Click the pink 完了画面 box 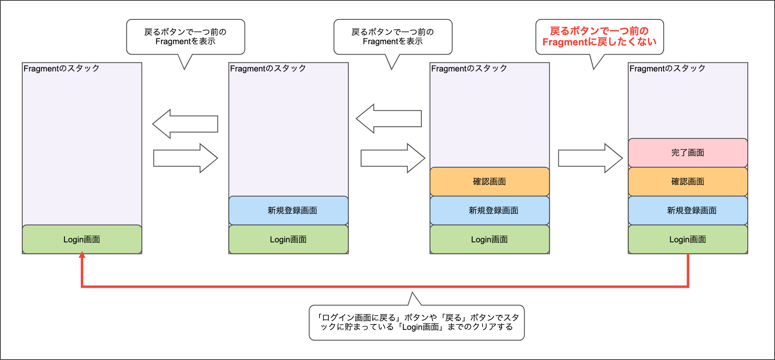coord(688,153)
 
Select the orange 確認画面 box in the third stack coord(489,182)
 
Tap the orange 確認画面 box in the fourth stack coord(688,182)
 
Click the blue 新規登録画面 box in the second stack coord(288,211)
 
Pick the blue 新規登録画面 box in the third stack coord(489,211)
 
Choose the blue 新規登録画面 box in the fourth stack coord(688,211)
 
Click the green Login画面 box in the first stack coord(82,239)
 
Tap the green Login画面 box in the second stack coord(288,239)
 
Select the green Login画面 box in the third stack coord(489,239)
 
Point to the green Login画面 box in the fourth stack coord(688,239)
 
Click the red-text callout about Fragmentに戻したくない coord(599,37)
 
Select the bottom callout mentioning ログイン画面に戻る coord(416,322)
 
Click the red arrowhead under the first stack coord(82,256)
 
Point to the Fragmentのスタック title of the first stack coord(61,69)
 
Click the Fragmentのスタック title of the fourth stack coord(667,69)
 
